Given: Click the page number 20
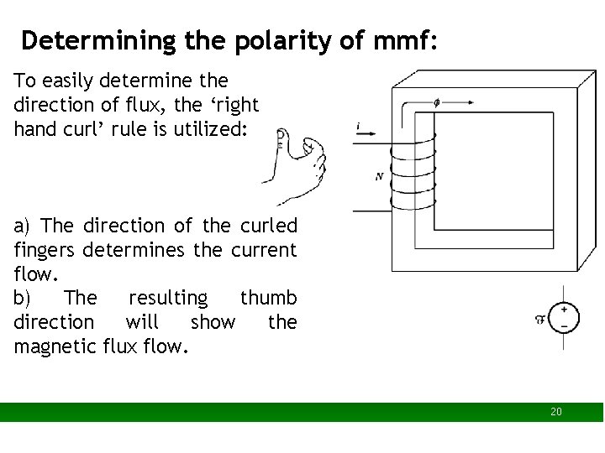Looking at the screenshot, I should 555,412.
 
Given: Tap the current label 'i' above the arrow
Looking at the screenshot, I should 359,127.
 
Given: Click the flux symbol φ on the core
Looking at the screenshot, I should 435,103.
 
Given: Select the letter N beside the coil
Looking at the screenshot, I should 380,176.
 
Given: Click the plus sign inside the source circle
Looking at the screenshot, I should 564,310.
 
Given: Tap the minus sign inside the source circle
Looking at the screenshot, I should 564,325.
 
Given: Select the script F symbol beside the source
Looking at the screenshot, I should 539,318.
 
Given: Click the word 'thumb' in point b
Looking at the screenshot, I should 268,298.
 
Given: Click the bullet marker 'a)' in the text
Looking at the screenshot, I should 23,226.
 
